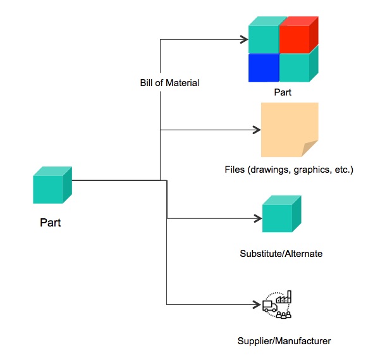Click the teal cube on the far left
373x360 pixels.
(x=52, y=185)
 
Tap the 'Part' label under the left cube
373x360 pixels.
(x=51, y=223)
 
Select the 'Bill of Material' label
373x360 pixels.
(x=169, y=83)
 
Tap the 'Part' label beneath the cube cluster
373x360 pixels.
(x=282, y=92)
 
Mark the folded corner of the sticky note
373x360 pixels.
(x=310, y=149)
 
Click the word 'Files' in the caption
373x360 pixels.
(x=235, y=170)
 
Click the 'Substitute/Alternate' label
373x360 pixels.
(x=281, y=254)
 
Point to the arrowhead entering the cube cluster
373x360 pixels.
(x=244, y=40)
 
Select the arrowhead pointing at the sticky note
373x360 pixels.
(x=257, y=130)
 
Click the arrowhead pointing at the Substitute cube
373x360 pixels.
(x=259, y=219)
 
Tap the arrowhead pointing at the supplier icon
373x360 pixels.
(x=259, y=305)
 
